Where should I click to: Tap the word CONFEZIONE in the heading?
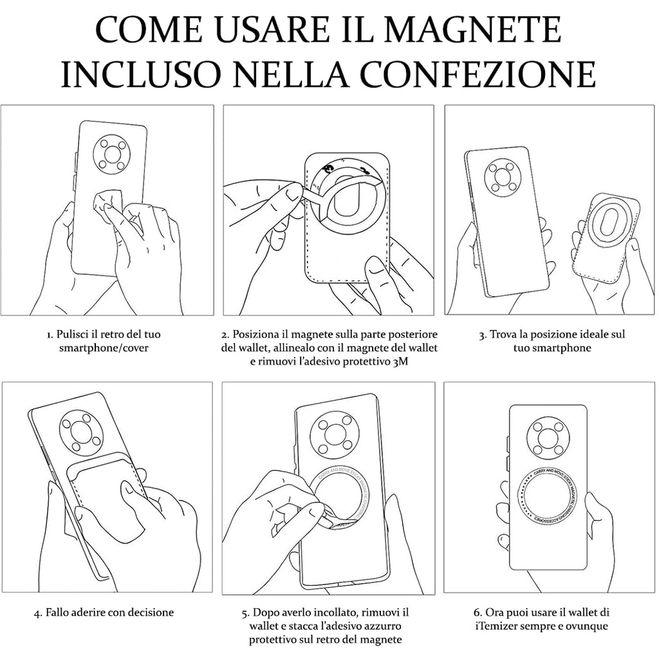(477, 74)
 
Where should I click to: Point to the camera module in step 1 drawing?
(111, 154)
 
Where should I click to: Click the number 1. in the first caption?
(50, 335)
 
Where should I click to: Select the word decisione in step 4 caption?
(149, 612)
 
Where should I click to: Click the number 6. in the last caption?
(478, 612)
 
